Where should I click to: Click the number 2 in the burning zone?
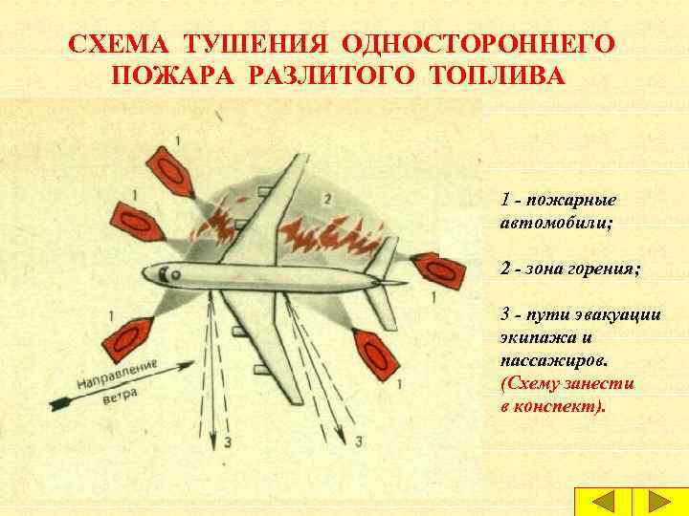[x=327, y=200]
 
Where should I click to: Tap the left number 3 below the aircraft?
[x=228, y=442]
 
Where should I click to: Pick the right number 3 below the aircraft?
[x=358, y=441]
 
